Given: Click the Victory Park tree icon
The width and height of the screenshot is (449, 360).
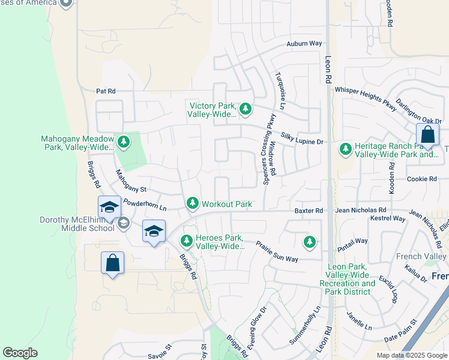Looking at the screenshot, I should tap(245, 109).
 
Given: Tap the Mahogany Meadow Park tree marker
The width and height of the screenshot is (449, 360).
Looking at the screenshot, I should tap(124, 142).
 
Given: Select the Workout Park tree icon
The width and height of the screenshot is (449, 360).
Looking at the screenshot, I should tap(193, 204).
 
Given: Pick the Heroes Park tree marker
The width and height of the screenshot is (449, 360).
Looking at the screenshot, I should tap(187, 241).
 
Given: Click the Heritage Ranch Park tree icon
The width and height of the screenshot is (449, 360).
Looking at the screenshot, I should tap(346, 148).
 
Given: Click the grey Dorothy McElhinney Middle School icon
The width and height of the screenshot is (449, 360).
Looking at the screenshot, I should tap(124, 224).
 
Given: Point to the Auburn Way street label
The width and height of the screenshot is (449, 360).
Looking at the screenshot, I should tap(304, 44).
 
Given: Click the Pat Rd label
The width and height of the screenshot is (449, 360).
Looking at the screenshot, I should tap(105, 91).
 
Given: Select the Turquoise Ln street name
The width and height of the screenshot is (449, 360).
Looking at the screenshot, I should tap(280, 88).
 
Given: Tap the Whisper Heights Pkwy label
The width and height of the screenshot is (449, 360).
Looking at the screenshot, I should tap(366, 98).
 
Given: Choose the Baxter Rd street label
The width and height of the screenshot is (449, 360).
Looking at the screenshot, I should tap(309, 211).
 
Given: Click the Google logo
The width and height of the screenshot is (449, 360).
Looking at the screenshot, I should tap(20, 353).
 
